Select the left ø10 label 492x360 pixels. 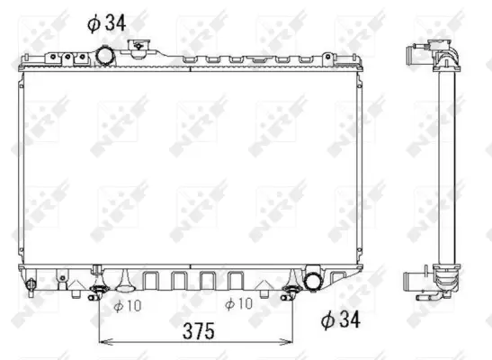coord(128,303)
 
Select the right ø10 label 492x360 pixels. coord(238,303)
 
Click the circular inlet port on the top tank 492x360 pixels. coord(105,57)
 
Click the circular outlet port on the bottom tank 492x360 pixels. coord(315,280)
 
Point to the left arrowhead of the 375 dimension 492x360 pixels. coord(103,342)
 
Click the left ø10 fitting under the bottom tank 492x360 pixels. coord(99,289)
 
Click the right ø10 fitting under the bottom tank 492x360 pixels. coord(291,289)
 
